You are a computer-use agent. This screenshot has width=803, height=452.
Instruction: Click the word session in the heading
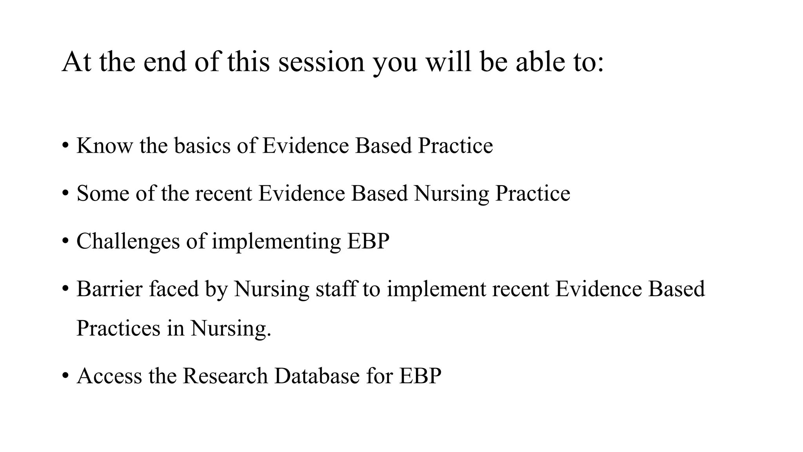(x=321, y=62)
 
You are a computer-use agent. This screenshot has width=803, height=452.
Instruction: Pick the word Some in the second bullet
(x=103, y=193)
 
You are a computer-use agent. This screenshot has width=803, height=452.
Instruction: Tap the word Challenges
(x=128, y=241)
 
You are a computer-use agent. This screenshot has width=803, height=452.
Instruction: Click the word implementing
(x=276, y=241)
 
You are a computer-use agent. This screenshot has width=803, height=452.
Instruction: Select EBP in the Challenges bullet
(x=368, y=241)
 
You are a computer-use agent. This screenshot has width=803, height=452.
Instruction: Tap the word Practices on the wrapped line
(x=118, y=328)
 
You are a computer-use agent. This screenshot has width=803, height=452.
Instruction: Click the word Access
(x=109, y=376)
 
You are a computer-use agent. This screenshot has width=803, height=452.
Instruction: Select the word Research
(x=225, y=376)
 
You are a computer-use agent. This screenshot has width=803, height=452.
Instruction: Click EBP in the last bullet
(x=420, y=376)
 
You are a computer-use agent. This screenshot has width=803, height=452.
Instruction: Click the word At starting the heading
(x=76, y=62)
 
